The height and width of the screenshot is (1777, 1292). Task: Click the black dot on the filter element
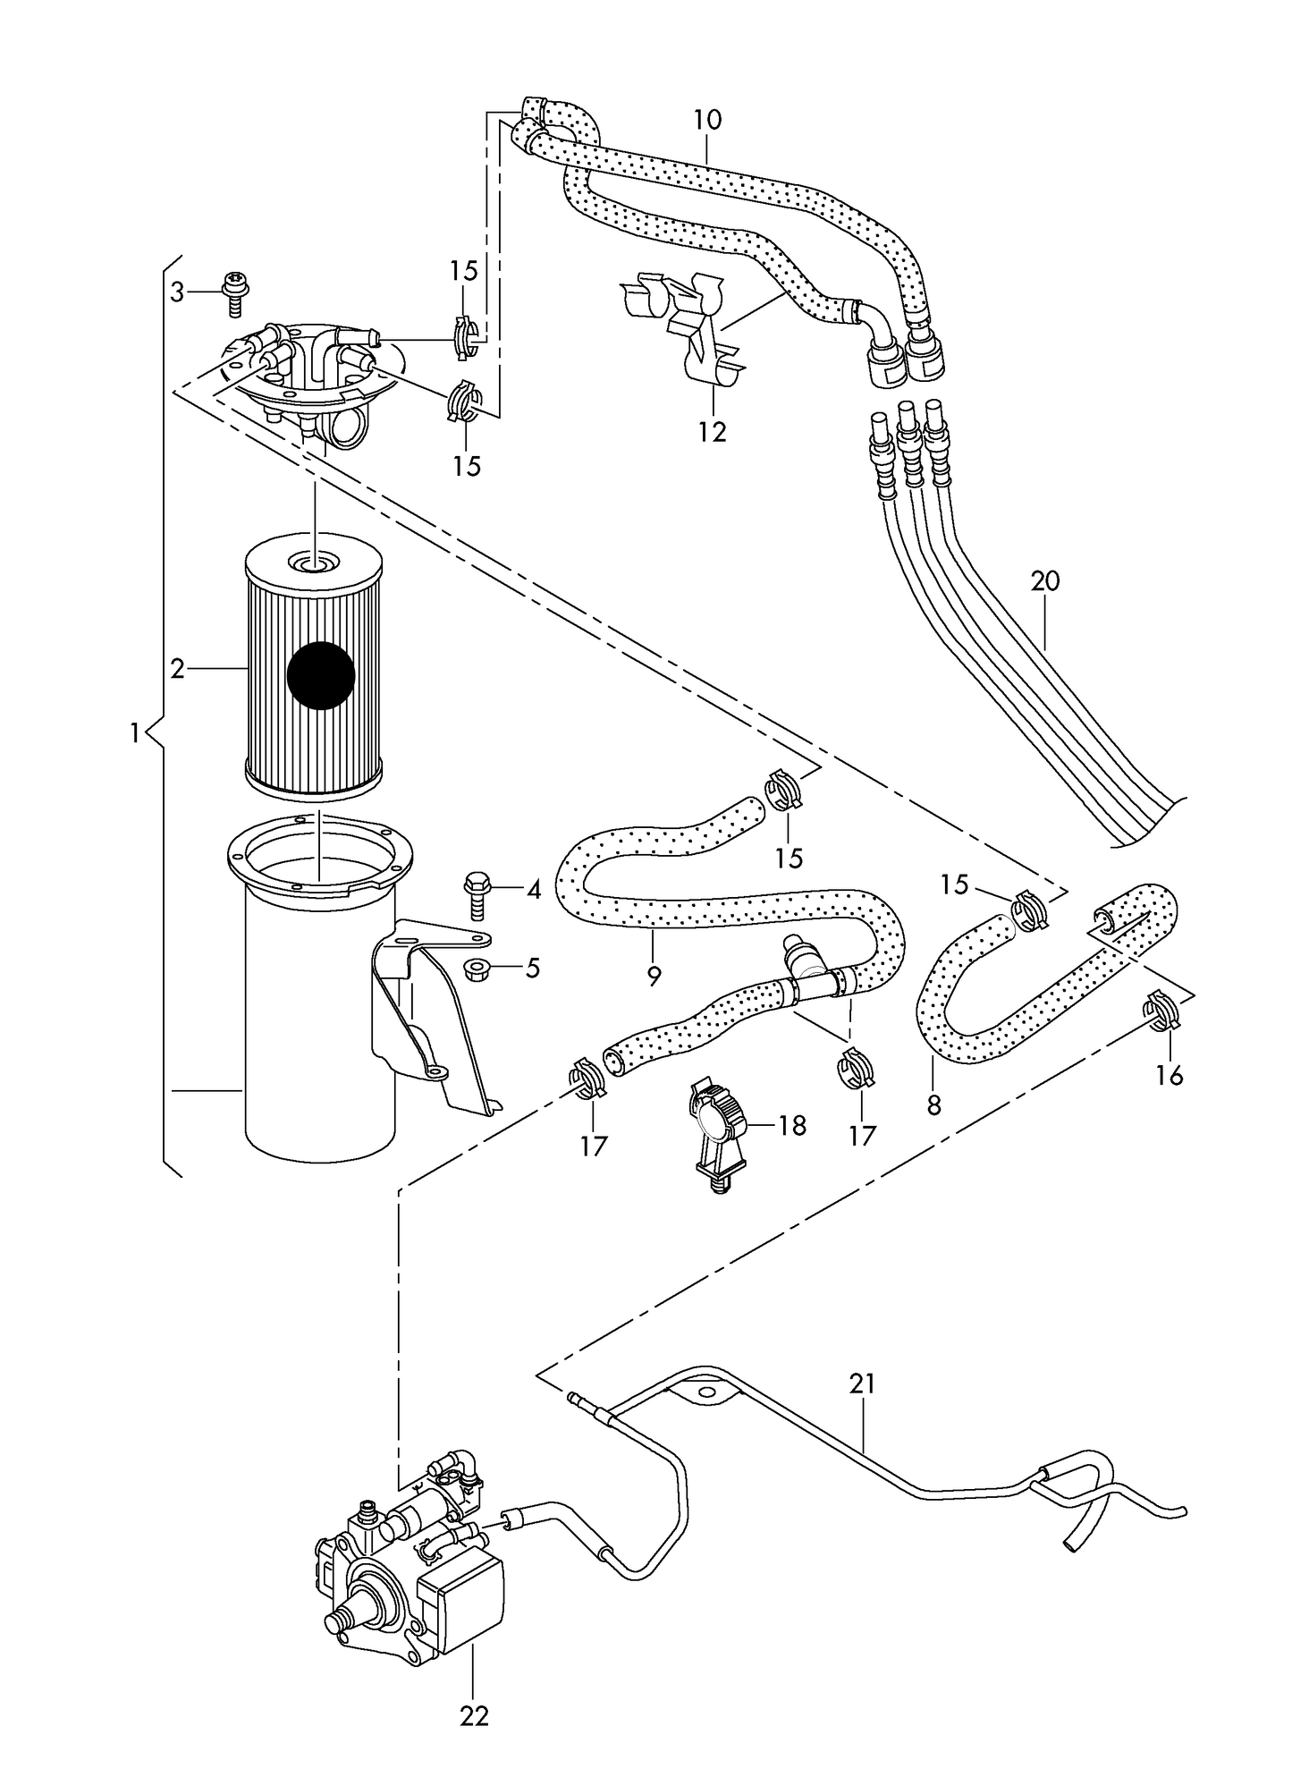pos(322,675)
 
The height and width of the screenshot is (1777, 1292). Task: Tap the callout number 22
pos(475,1715)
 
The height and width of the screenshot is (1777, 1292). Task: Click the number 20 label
pos(1044,581)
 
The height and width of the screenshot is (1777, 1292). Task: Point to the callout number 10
pos(706,120)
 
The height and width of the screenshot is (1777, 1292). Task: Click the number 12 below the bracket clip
pos(713,432)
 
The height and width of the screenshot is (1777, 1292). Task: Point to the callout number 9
pos(654,977)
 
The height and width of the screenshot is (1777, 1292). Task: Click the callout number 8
pos(934,1106)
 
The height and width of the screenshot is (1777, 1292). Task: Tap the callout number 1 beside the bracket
pos(135,734)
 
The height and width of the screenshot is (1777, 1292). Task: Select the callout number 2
pos(177,668)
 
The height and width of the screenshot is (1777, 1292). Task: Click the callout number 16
pos(1169,1075)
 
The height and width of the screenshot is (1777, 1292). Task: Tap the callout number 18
pos(791,1125)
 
